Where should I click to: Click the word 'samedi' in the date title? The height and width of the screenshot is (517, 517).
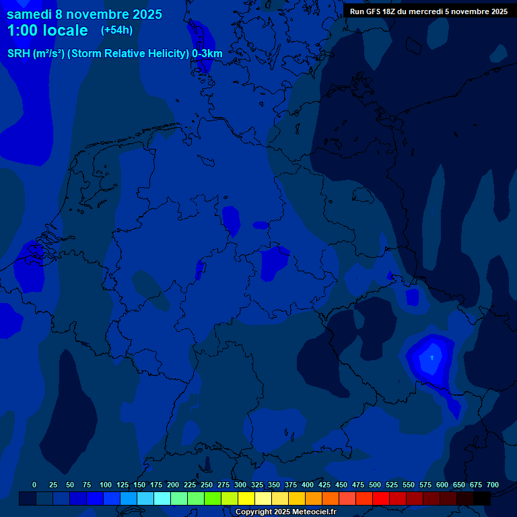29,14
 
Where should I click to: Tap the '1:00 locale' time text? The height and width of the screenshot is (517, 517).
47,30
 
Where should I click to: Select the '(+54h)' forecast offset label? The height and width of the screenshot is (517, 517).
116,30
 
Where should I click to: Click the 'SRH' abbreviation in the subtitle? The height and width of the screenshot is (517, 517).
19,54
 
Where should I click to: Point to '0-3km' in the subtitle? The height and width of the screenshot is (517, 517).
207,54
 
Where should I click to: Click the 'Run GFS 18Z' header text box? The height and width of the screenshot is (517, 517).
429,11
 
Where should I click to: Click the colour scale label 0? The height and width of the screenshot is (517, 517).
34,485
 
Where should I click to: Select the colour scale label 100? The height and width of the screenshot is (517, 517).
106,485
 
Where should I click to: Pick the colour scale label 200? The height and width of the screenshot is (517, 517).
173,485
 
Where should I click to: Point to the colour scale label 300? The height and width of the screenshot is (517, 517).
240,485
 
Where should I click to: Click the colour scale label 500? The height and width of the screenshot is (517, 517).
375,485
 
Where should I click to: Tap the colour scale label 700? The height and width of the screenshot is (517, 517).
493,485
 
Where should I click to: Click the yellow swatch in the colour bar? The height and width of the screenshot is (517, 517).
246,498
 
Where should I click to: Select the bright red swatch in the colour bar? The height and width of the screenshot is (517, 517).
381,498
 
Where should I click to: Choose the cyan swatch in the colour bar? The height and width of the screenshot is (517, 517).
162,498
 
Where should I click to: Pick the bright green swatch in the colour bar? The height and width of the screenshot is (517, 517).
213,498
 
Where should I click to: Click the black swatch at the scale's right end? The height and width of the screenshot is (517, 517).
482,498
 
